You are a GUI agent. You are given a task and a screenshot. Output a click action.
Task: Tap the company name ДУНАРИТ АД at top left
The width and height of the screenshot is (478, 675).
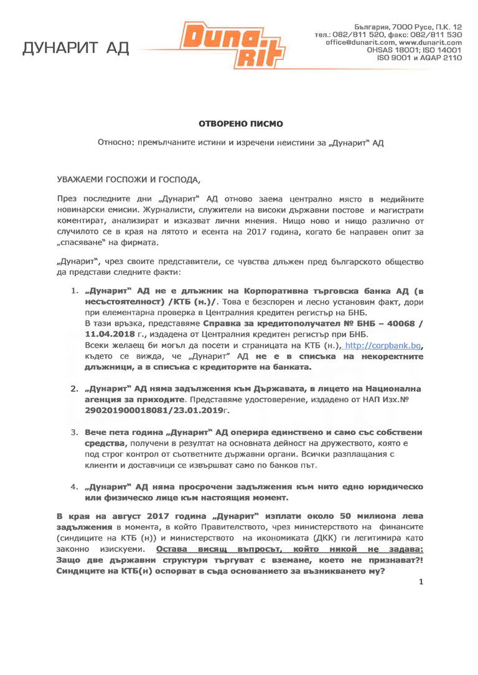pyautogui.click(x=76, y=48)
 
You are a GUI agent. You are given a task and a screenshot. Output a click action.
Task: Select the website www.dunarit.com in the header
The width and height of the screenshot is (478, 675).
pyautogui.click(x=430, y=42)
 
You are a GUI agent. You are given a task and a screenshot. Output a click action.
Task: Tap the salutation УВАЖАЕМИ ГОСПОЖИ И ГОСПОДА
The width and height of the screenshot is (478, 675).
pyautogui.click(x=129, y=180)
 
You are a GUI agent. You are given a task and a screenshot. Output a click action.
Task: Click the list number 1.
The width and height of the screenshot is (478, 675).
pyautogui.click(x=73, y=290)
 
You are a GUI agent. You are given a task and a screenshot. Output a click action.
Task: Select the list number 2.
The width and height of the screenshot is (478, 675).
pyautogui.click(x=73, y=389)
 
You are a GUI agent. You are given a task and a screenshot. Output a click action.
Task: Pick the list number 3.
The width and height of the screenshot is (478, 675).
pyautogui.click(x=73, y=432)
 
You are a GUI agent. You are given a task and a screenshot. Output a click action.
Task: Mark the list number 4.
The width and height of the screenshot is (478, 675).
pyautogui.click(x=73, y=487)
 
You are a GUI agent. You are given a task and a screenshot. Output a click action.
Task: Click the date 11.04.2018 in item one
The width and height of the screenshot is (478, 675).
pyautogui.click(x=106, y=334)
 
